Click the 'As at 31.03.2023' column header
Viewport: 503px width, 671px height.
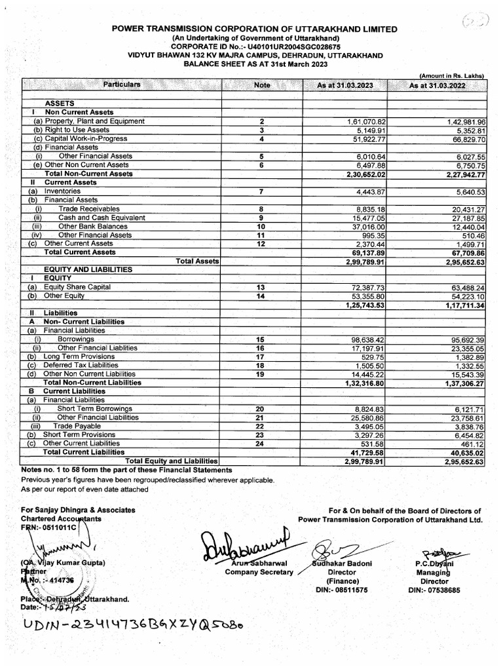[345, 86]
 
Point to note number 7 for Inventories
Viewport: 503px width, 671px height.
[261, 191]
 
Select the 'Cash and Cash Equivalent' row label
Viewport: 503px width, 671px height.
[102, 218]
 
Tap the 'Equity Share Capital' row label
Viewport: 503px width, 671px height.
[77, 287]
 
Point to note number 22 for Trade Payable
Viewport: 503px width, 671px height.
[261, 426]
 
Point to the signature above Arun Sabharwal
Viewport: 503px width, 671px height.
[246, 545]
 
